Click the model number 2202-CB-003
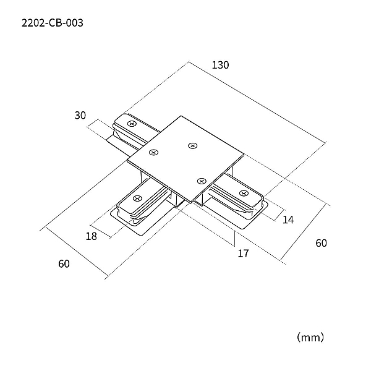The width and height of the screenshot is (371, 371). pos(53,23)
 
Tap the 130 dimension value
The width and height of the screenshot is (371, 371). pos(220,65)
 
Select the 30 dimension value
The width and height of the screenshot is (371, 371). pos(80,115)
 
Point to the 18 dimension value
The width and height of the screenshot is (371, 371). pos(92,236)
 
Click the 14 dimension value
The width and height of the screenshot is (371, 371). pos(288,220)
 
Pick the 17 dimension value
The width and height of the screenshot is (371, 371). pos(243,254)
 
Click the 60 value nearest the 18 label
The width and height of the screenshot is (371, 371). pos(64,264)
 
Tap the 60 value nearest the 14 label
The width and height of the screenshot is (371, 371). pos(321,243)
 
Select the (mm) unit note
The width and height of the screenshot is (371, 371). pos(310,337)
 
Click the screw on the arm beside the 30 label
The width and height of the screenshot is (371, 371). pos(132,124)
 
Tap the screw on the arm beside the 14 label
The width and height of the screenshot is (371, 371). pos(244,194)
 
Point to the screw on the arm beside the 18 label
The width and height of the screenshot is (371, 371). pos(137,198)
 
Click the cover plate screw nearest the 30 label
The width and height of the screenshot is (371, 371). pos(154,152)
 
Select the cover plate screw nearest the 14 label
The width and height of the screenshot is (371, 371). pos(202,181)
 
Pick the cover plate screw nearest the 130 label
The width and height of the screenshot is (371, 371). pos(192,145)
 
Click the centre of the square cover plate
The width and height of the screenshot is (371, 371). pos(185,159)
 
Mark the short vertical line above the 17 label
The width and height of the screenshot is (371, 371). pos(234,239)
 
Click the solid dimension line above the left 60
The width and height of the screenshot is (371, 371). pos(77,251)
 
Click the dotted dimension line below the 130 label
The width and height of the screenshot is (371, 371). pos(257,102)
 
